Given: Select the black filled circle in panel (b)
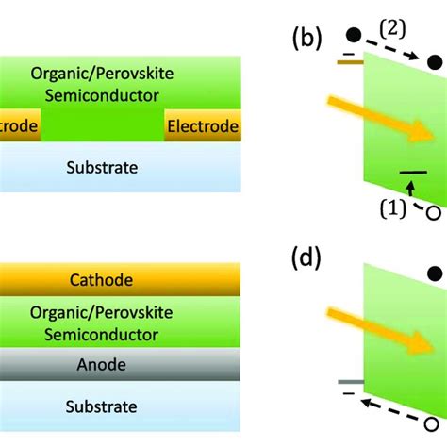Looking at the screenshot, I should coord(353,35).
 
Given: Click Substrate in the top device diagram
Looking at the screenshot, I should coord(102,168).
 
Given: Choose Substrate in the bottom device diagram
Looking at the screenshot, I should coord(102,406).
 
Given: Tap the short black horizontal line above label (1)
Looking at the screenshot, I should coord(411,173).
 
